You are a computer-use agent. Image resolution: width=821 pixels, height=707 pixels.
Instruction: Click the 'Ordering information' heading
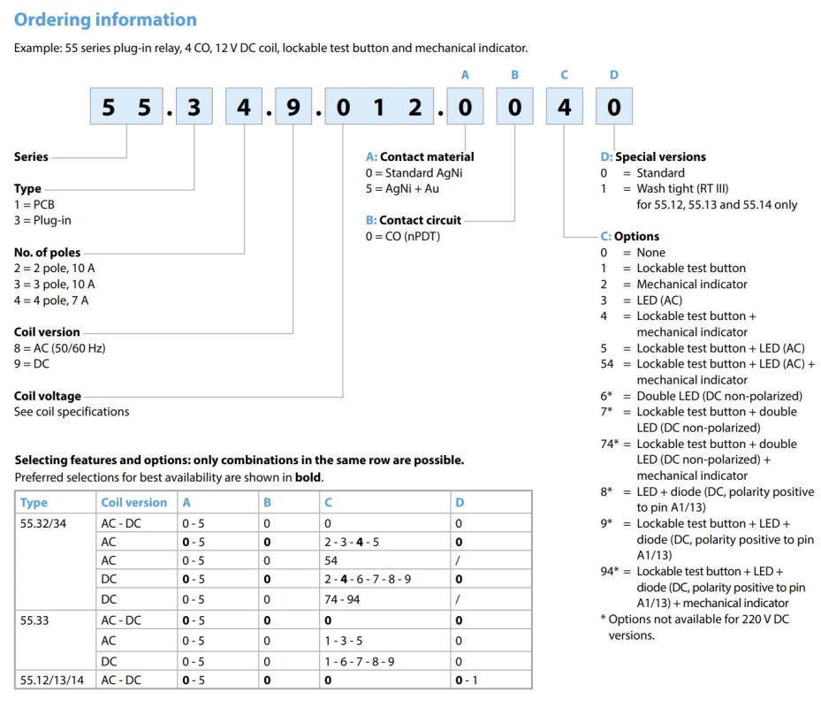[106, 19]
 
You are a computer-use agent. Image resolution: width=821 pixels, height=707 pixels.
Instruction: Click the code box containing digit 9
[294, 108]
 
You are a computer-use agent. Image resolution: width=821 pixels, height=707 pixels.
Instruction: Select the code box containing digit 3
[195, 108]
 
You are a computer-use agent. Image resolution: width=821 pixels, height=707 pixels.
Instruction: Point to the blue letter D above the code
[614, 75]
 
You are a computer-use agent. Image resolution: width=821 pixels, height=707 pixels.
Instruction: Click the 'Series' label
[31, 157]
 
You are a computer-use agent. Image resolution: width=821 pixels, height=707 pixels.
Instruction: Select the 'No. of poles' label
[47, 253]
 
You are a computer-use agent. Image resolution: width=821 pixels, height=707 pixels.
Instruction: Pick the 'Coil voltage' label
[48, 396]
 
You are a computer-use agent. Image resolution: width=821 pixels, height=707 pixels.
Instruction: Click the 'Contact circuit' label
[420, 220]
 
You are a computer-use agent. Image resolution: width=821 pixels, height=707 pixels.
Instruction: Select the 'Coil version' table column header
[133, 502]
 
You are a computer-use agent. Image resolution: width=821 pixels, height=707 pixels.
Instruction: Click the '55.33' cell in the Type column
[35, 620]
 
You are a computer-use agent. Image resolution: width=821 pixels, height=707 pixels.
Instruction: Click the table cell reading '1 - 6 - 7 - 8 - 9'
[361, 660]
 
